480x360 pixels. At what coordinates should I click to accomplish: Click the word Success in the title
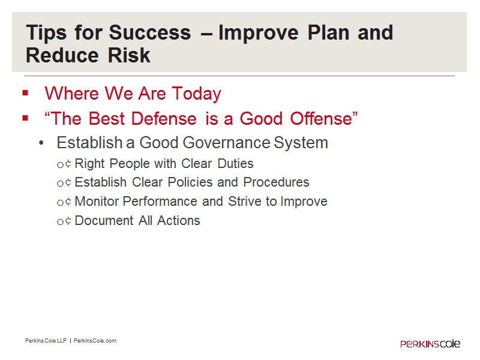tap(149, 32)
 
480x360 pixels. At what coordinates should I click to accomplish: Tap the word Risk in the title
tap(129, 55)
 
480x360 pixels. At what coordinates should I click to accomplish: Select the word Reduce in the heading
tap(62, 55)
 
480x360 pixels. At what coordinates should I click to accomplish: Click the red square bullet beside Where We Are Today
tap(25, 93)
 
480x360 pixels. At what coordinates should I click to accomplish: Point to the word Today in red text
tap(196, 94)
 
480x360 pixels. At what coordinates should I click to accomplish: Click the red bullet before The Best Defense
tap(25, 118)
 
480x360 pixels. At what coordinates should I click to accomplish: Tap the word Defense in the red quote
tap(164, 118)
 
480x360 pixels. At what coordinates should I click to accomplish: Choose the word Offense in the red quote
tap(321, 118)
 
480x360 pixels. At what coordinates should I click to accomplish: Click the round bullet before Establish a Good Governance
tap(41, 143)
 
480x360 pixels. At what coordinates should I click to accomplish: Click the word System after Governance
tap(301, 143)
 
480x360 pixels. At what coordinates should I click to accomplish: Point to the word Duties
tap(235, 164)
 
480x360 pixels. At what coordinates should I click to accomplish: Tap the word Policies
tap(190, 182)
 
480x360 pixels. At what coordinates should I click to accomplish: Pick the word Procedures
tap(276, 182)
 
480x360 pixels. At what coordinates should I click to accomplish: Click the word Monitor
tap(97, 202)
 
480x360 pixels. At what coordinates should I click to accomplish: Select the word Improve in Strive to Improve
tap(304, 202)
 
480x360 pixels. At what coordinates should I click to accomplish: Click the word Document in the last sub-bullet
tap(104, 221)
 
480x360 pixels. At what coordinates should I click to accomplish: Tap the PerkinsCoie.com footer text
tap(95, 341)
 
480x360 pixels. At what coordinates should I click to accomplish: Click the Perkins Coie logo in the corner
tap(430, 344)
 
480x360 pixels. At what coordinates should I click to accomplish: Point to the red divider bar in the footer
tap(70, 341)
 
